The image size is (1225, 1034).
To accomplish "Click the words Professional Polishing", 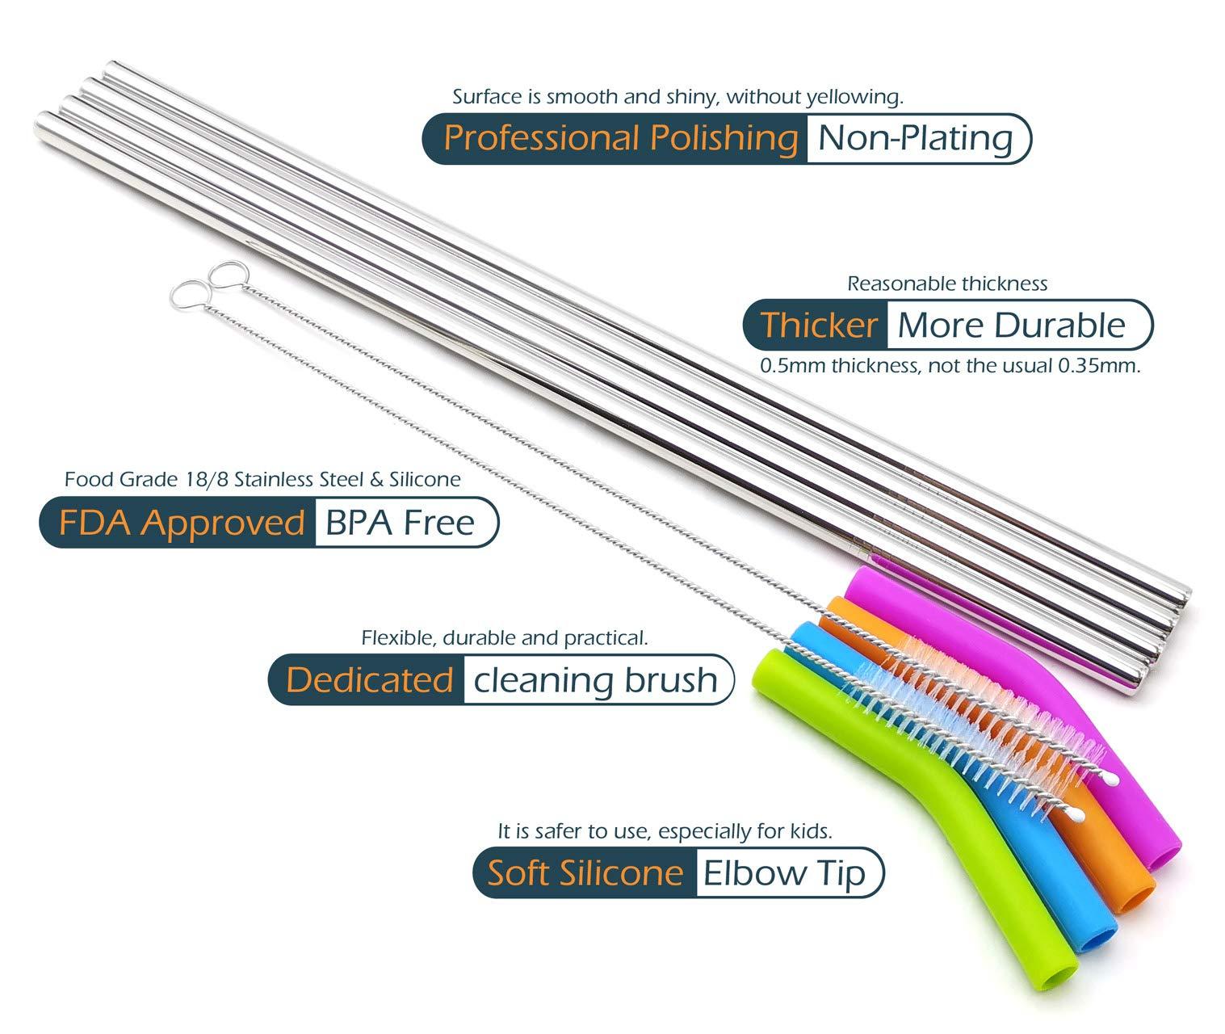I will (620, 138).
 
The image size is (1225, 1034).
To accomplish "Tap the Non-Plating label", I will (915, 138).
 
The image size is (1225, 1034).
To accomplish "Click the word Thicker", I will (818, 325).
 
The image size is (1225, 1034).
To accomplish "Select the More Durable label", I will (1010, 325).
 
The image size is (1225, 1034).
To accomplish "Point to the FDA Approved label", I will (181, 523).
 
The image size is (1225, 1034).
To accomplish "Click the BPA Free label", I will (400, 523).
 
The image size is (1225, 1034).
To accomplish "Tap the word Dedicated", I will (369, 679).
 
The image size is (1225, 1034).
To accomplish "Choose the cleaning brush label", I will (595, 679).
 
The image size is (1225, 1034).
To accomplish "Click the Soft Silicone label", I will (585, 873).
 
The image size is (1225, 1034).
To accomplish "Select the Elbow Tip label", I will (784, 873).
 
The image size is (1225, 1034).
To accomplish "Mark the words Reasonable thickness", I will (946, 284).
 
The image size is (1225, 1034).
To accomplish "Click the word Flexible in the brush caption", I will (397, 638).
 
